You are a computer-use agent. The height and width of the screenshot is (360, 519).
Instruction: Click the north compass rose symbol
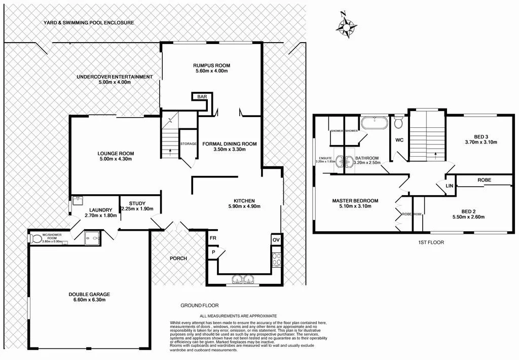[x=346, y=23]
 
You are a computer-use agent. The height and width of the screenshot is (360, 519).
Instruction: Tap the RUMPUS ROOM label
[x=211, y=65]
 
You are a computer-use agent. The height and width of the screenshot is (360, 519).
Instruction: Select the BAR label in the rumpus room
[x=202, y=96]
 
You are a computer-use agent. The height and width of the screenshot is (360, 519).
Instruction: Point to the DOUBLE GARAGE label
[x=89, y=294]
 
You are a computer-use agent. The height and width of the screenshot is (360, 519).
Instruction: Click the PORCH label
[x=178, y=258]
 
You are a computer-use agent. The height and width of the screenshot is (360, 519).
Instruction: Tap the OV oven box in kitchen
[x=276, y=239]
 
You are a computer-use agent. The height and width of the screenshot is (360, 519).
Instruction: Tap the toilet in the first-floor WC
[x=398, y=123]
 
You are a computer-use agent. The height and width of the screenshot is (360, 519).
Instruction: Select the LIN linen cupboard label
[x=449, y=186]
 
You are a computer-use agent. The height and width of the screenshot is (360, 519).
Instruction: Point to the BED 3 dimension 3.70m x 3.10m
[x=477, y=142]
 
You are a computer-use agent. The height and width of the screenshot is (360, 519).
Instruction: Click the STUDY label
[x=137, y=203]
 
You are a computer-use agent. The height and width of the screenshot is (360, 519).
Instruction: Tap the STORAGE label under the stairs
[x=188, y=144]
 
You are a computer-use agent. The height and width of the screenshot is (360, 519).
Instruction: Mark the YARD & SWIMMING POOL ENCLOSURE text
[x=88, y=23]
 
